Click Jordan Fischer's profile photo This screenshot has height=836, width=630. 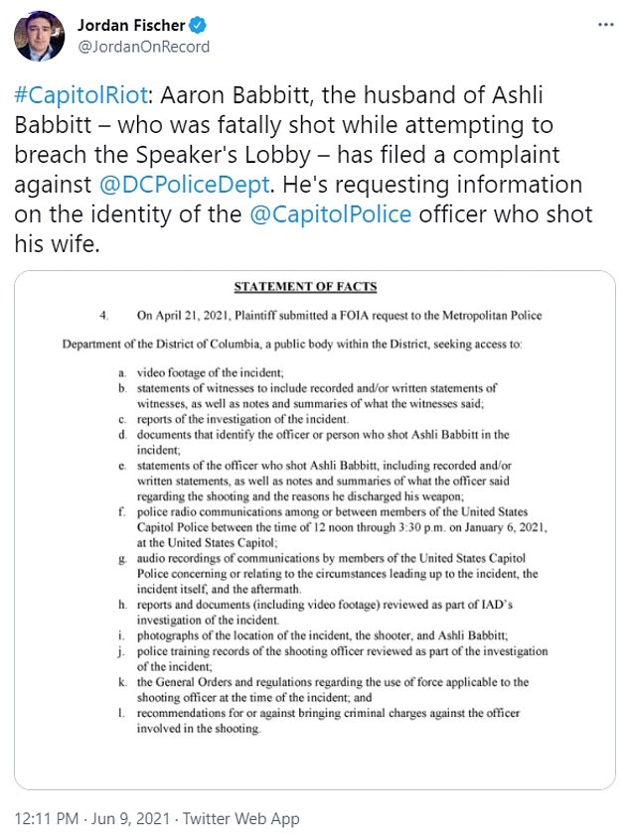pyautogui.click(x=37, y=36)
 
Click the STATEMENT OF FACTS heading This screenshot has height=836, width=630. pyautogui.click(x=305, y=288)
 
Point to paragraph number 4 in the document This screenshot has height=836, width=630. pyautogui.click(x=103, y=316)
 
